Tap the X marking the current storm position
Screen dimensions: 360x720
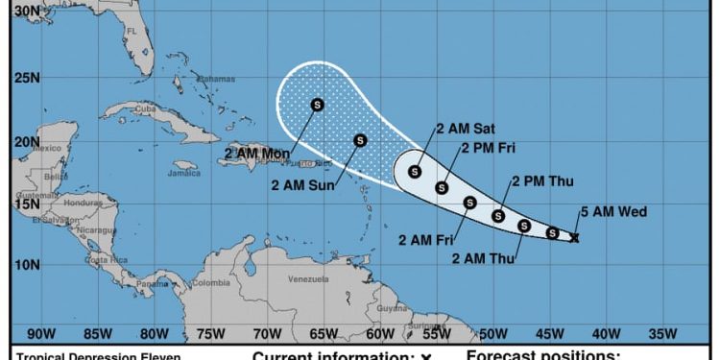pos(574,237)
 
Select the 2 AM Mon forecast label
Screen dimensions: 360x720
pos(256,153)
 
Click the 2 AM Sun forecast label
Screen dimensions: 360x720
pos(302,185)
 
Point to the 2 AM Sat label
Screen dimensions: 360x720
pos(467,129)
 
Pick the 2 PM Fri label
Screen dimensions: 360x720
pos(491,148)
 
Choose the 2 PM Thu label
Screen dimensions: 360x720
pos(542,180)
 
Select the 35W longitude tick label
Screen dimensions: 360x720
pos(662,334)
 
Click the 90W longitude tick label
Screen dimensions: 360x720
pos(39,334)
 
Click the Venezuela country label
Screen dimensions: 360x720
pos(308,279)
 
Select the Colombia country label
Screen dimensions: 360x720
pos(210,283)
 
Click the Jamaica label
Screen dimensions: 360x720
pos(184,174)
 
